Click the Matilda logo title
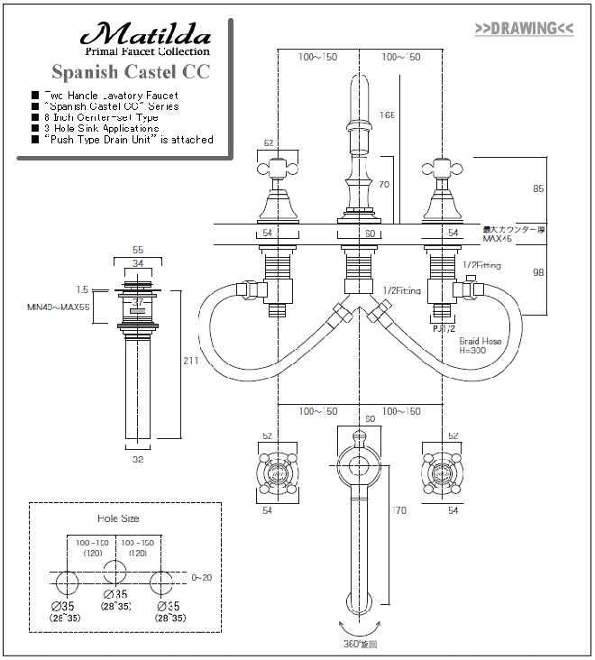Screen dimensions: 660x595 click(x=145, y=36)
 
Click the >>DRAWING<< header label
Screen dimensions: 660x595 click(x=524, y=28)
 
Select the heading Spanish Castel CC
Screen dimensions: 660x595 click(x=131, y=71)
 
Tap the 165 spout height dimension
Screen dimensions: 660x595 click(x=388, y=115)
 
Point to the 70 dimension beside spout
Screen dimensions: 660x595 click(x=384, y=185)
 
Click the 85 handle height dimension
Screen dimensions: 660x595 click(x=539, y=189)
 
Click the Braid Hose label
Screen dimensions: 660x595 click(x=480, y=342)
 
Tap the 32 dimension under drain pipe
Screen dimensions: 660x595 click(x=138, y=458)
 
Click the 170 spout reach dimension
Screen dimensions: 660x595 click(x=399, y=511)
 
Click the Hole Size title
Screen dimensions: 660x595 click(x=118, y=518)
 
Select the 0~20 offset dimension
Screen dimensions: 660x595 click(x=201, y=577)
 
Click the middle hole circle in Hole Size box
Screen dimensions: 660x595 click(x=113, y=573)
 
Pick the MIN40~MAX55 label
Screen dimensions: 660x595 click(x=58, y=307)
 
